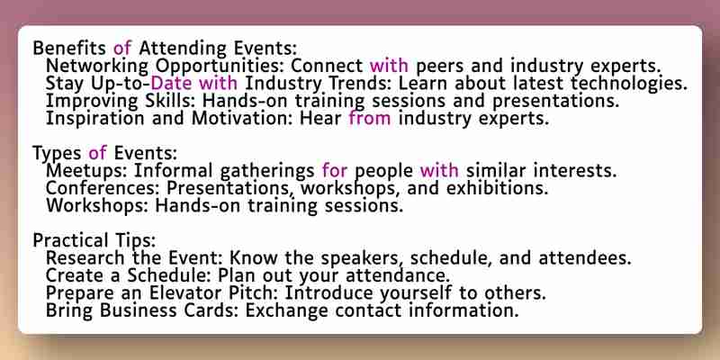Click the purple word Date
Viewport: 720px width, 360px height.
[173, 83]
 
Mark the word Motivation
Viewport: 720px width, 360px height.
[243, 118]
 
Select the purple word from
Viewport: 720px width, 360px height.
[370, 118]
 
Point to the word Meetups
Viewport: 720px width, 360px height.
[87, 171]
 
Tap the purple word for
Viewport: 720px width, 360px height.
[335, 171]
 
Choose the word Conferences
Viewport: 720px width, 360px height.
[103, 188]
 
